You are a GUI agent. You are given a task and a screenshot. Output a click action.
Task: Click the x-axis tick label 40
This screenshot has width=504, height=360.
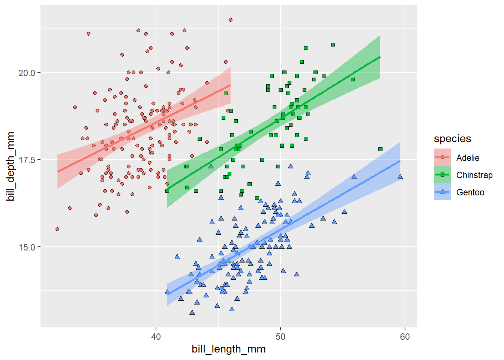pos(156,336)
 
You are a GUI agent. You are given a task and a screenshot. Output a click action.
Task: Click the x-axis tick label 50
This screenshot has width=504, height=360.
pos(280,336)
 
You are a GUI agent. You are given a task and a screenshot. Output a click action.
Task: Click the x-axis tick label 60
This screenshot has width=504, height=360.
pos(405,336)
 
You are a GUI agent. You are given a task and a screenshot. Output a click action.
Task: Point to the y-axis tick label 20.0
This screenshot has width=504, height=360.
pos(27,73)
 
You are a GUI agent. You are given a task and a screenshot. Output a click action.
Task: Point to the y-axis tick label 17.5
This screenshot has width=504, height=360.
pos(27,160)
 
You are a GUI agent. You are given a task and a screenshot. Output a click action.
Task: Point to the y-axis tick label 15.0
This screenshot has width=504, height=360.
pos(27,247)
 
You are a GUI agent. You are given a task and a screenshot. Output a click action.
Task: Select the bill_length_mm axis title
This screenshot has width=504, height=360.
pos(228,349)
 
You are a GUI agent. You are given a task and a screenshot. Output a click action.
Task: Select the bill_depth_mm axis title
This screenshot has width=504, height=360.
pos(10,166)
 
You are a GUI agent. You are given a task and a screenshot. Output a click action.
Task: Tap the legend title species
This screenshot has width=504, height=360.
pos(452,139)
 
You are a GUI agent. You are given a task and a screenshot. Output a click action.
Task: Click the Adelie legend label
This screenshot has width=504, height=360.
pos(468,158)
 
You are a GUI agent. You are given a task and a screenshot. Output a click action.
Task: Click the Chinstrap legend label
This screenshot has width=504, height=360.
pos(474,175)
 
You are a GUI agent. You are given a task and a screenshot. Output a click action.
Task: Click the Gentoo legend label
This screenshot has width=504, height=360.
pos(470,192)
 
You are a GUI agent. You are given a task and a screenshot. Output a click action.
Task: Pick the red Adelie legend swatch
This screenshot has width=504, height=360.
pos(442,157)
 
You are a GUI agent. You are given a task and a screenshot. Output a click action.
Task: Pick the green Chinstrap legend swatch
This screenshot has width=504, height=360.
pos(442,175)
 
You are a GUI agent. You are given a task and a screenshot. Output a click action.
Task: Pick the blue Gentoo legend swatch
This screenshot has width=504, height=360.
pos(442,192)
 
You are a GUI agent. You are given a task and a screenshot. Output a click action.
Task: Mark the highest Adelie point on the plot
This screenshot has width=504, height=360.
pos(231,20)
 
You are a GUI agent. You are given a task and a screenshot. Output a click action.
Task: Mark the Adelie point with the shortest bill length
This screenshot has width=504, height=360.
pos(57,229)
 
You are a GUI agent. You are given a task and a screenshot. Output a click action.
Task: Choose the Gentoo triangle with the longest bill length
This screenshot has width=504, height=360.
pos(400,177)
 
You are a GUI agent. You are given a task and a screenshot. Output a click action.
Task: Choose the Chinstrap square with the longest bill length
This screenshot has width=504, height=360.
pos(380,149)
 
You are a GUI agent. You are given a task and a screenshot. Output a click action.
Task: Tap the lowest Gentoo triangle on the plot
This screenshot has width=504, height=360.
pos(192,312)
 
